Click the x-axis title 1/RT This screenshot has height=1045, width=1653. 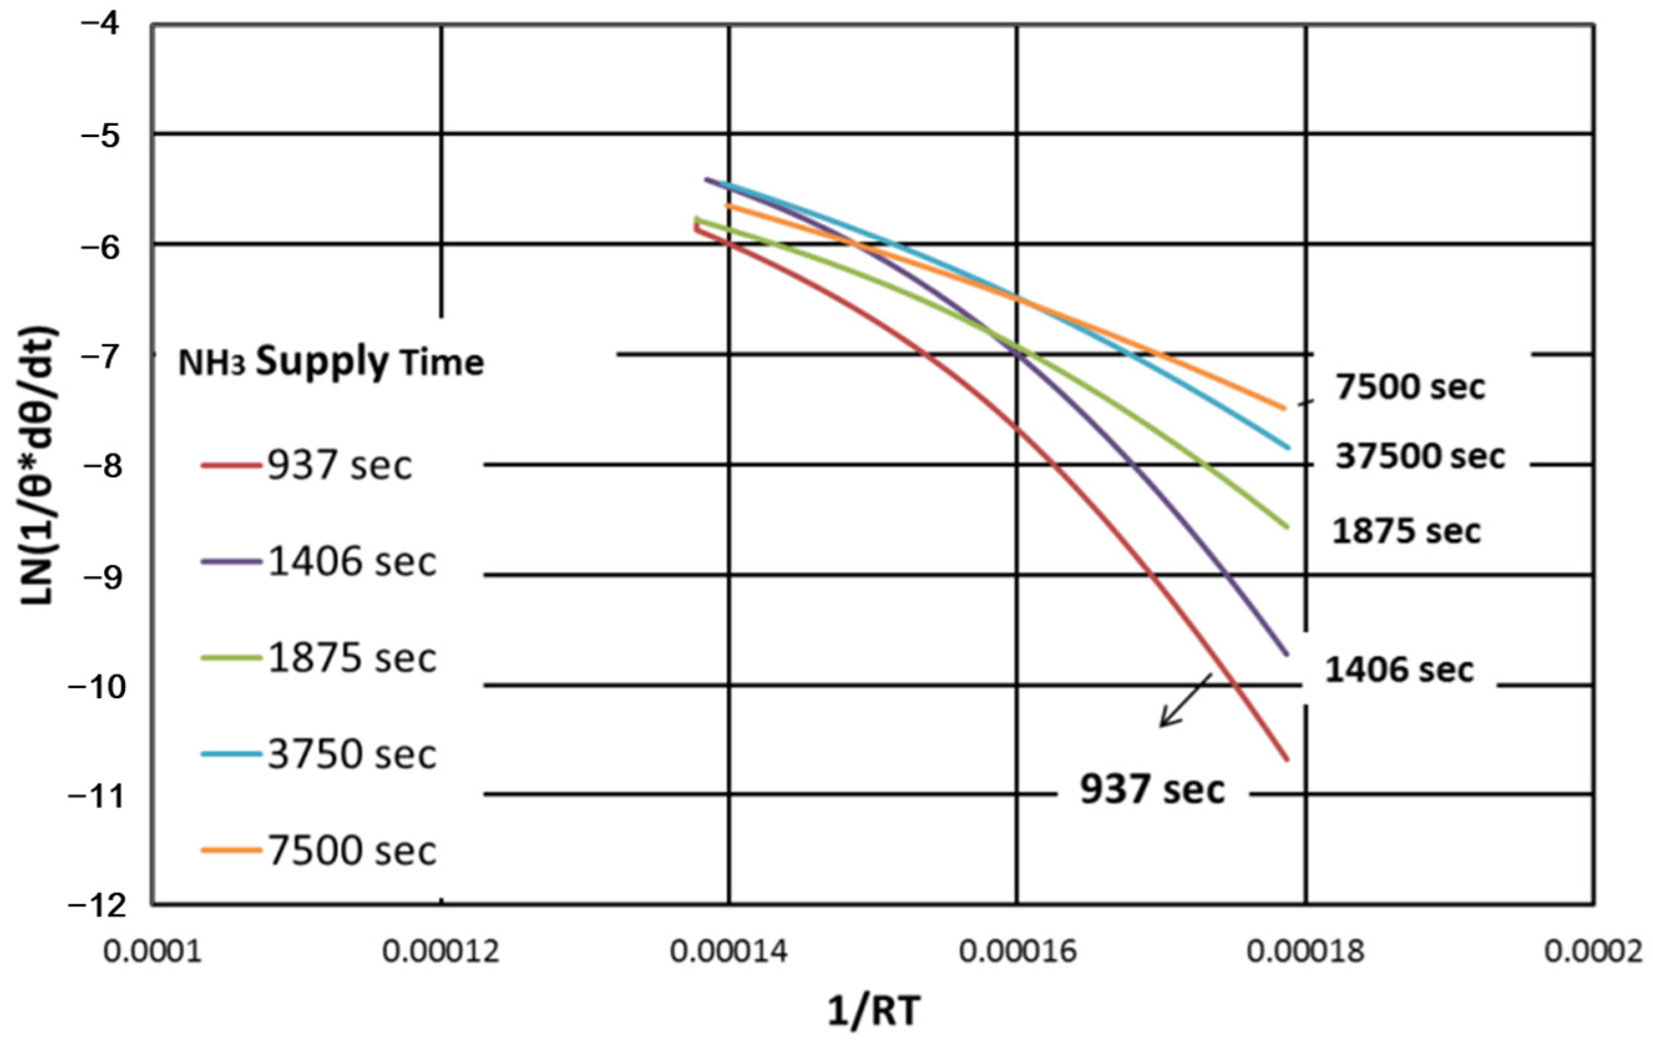pyautogui.click(x=872, y=1011)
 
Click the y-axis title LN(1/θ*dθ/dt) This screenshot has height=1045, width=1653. pyautogui.click(x=40, y=466)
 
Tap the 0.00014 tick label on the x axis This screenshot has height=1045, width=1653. pyautogui.click(x=729, y=952)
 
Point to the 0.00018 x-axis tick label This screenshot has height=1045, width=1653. pyautogui.click(x=1306, y=952)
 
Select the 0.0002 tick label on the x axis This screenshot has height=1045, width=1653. pyautogui.click(x=1593, y=952)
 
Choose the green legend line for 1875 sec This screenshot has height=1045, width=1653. pyautogui.click(x=231, y=657)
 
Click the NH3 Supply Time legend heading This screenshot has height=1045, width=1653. pyautogui.click(x=331, y=362)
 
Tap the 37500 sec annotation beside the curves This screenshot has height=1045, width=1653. pyautogui.click(x=1419, y=456)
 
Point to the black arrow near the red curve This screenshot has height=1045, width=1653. pyautogui.click(x=1186, y=700)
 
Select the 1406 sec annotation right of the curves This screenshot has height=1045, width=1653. pyautogui.click(x=1398, y=669)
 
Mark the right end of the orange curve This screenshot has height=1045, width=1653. pyautogui.click(x=1284, y=407)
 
